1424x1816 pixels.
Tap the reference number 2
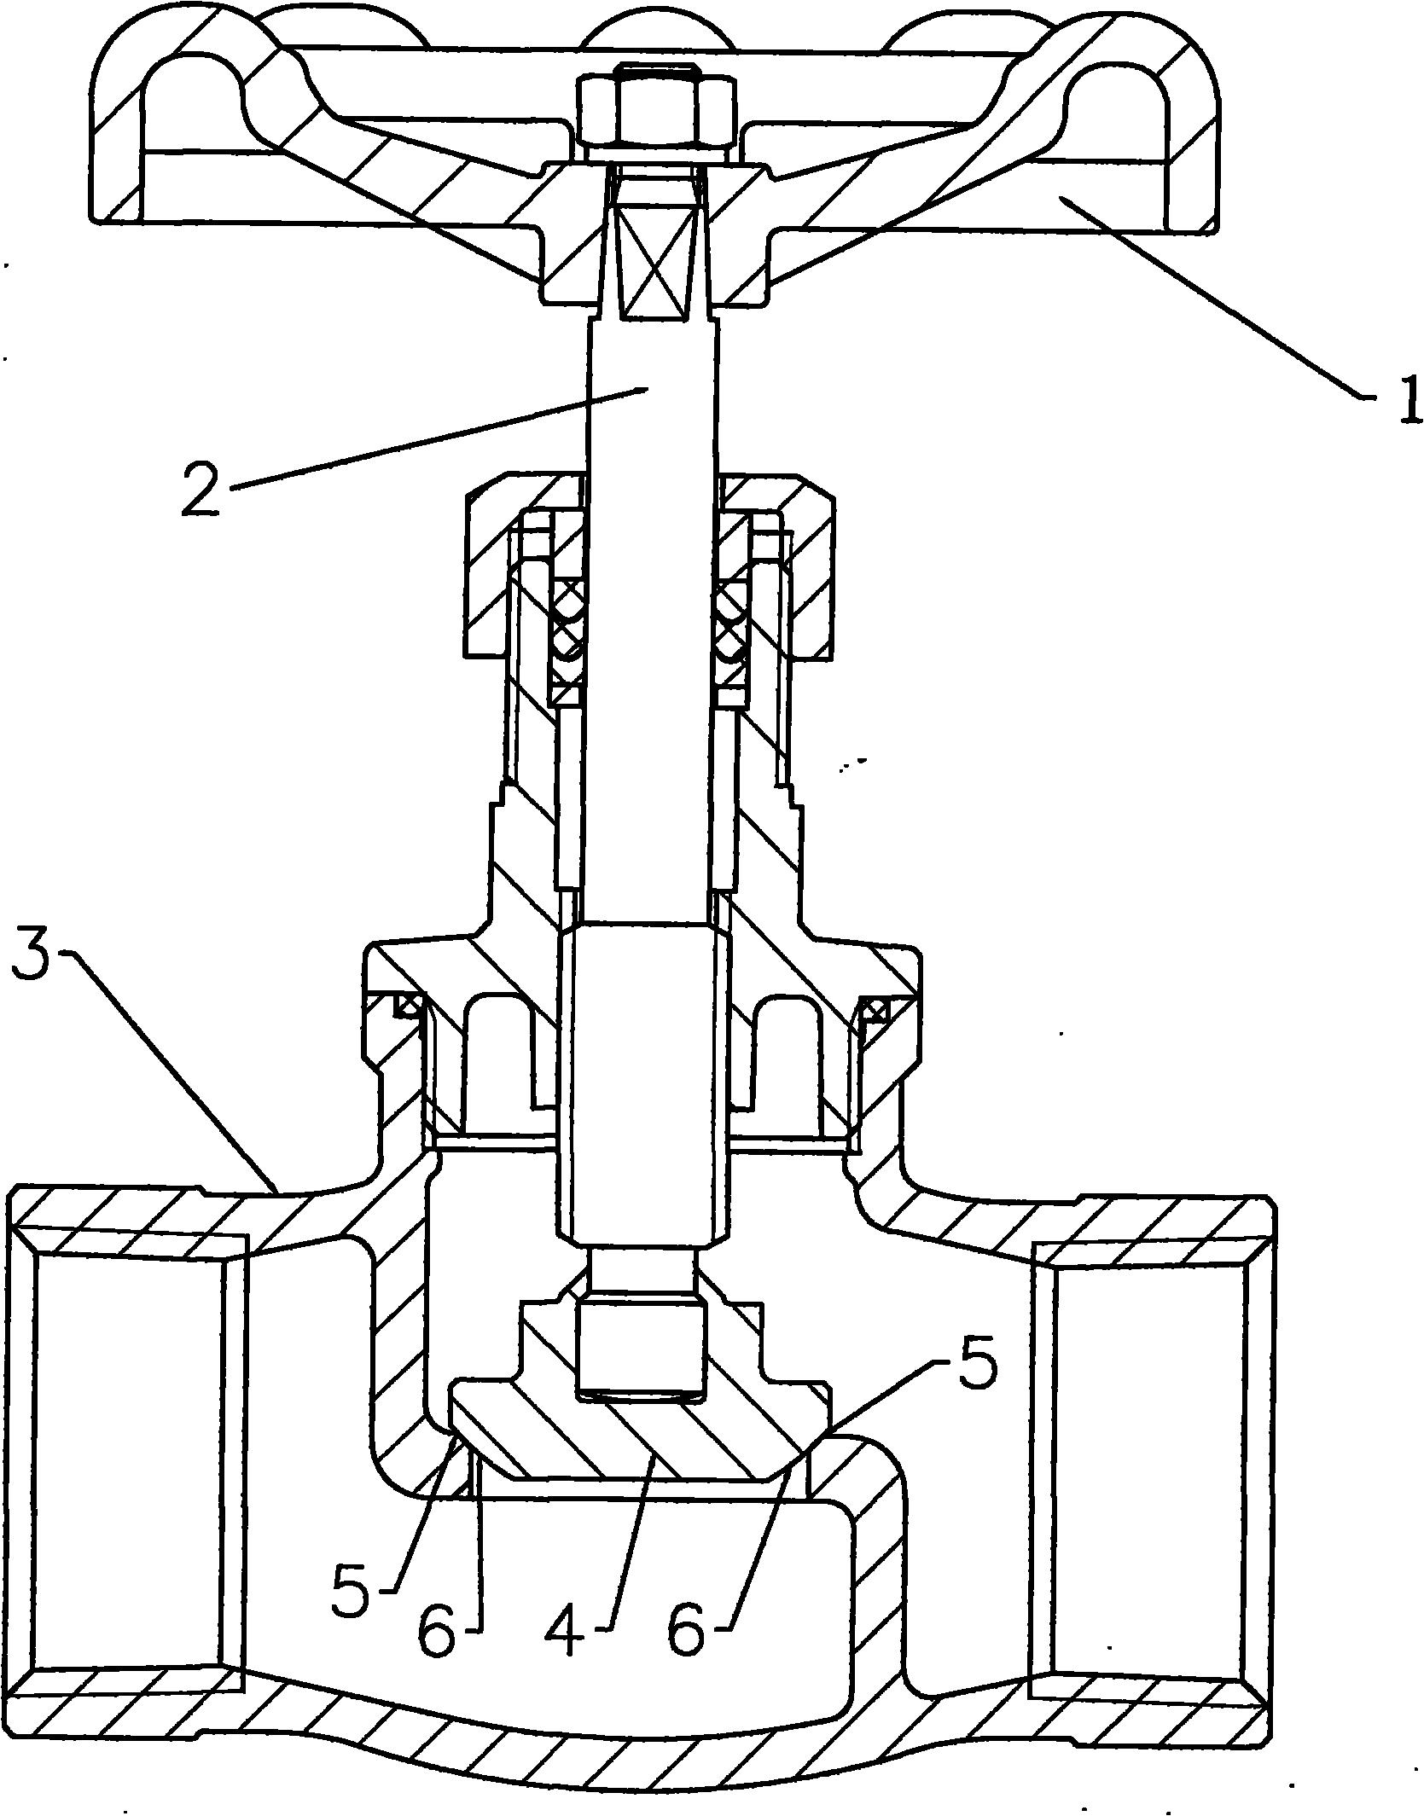201,485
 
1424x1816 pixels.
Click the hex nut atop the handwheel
655,110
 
